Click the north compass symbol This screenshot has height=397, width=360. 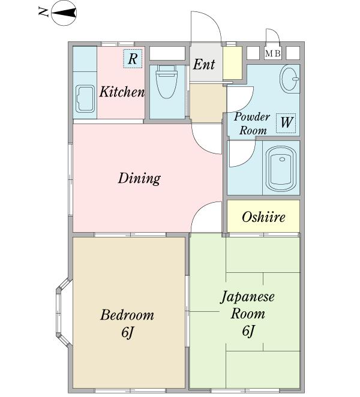(x=63, y=13)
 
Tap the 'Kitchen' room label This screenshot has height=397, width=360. (x=122, y=92)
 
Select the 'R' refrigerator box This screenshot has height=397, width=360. (x=133, y=59)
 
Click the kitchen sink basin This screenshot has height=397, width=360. (x=85, y=99)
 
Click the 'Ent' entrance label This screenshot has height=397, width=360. (x=204, y=64)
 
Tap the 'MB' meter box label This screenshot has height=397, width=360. (x=273, y=54)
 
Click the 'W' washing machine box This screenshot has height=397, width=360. (x=286, y=123)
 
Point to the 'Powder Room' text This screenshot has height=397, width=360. (x=252, y=123)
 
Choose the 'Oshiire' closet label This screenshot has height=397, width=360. (x=263, y=217)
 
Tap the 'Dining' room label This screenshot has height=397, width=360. (x=139, y=178)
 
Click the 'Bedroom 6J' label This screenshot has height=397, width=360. (x=127, y=323)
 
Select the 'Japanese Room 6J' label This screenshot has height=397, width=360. (x=247, y=313)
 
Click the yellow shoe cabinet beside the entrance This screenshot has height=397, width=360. (x=233, y=63)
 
